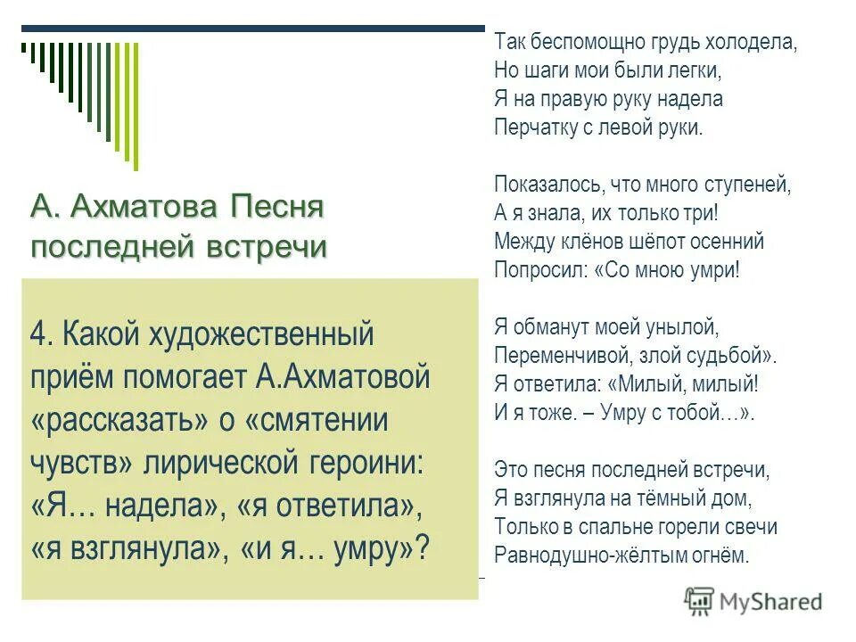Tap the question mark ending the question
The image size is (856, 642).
tap(422, 547)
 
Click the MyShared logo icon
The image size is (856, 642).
tap(699, 601)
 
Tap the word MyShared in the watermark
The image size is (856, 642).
tap(772, 602)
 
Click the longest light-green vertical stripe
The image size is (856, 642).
tap(136, 105)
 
